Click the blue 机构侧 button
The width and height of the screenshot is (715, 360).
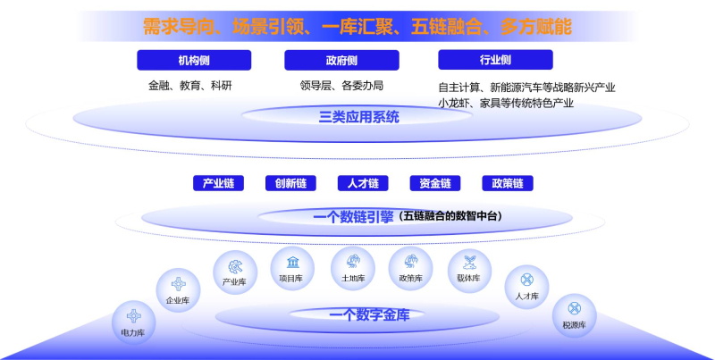(x=194, y=60)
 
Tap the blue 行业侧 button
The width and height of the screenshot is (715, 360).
(x=495, y=60)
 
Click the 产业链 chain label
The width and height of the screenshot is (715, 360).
(x=218, y=183)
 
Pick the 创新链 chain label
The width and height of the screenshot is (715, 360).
(x=290, y=183)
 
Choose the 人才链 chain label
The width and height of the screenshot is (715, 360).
(x=363, y=183)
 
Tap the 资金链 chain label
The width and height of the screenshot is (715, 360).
(x=435, y=183)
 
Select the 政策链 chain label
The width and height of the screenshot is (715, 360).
(x=508, y=183)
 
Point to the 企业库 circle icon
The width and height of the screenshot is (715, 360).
(x=178, y=290)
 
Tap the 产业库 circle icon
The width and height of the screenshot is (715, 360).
(x=235, y=270)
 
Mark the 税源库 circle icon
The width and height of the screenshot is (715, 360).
(x=574, y=315)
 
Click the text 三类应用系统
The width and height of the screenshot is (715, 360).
(x=359, y=117)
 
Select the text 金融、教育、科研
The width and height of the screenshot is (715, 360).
(x=189, y=87)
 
